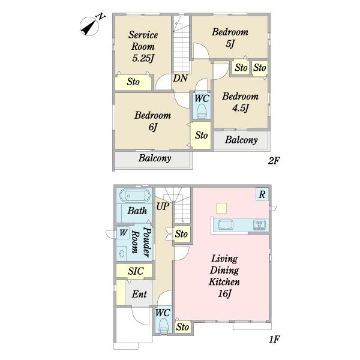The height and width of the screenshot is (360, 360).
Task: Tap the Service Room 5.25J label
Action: pyautogui.click(x=143, y=46)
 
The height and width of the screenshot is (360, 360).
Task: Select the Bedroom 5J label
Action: pyautogui.click(x=230, y=38)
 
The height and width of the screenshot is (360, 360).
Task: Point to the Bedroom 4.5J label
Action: pyautogui.click(x=240, y=102)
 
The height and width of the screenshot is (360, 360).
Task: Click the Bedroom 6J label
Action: pyautogui.click(x=152, y=121)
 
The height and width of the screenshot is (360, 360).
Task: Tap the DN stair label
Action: pyautogui.click(x=180, y=78)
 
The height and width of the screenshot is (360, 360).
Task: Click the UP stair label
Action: pyautogui.click(x=163, y=206)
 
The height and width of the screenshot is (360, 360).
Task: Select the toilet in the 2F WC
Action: pyautogui.click(x=202, y=112)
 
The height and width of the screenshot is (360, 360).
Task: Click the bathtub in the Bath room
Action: pyautogui.click(x=135, y=196)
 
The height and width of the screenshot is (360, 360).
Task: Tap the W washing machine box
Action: pyautogui.click(x=123, y=233)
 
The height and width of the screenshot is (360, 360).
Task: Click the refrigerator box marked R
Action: pyautogui.click(x=262, y=194)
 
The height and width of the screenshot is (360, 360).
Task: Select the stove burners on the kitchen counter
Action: pyautogui.click(x=259, y=224)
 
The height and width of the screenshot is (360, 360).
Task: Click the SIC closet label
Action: pyautogui.click(x=136, y=271)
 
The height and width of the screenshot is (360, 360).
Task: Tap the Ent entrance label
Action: pyautogui.click(x=139, y=294)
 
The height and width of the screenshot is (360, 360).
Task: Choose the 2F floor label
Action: pyautogui.click(x=274, y=161)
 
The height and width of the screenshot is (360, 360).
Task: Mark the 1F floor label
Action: pyautogui.click(x=274, y=339)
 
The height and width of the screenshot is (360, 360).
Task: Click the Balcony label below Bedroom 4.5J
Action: pyautogui.click(x=241, y=140)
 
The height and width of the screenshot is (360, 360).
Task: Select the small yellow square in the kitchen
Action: pyautogui.click(x=221, y=208)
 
